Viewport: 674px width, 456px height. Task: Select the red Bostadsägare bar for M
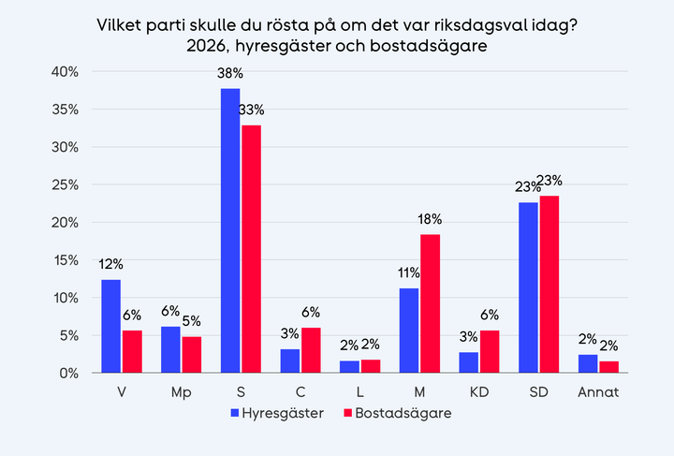pyautogui.click(x=431, y=303)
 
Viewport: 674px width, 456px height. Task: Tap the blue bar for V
pyautogui.click(x=110, y=326)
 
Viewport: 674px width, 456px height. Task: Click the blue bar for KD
pyautogui.click(x=470, y=362)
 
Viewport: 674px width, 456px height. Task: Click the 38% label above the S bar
pyautogui.click(x=230, y=72)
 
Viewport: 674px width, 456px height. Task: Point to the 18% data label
pyautogui.click(x=430, y=219)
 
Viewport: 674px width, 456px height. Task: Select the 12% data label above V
pyautogui.click(x=110, y=264)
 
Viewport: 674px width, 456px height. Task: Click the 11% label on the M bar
pyautogui.click(x=409, y=272)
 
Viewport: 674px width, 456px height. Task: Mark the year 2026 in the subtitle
pyautogui.click(x=208, y=44)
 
